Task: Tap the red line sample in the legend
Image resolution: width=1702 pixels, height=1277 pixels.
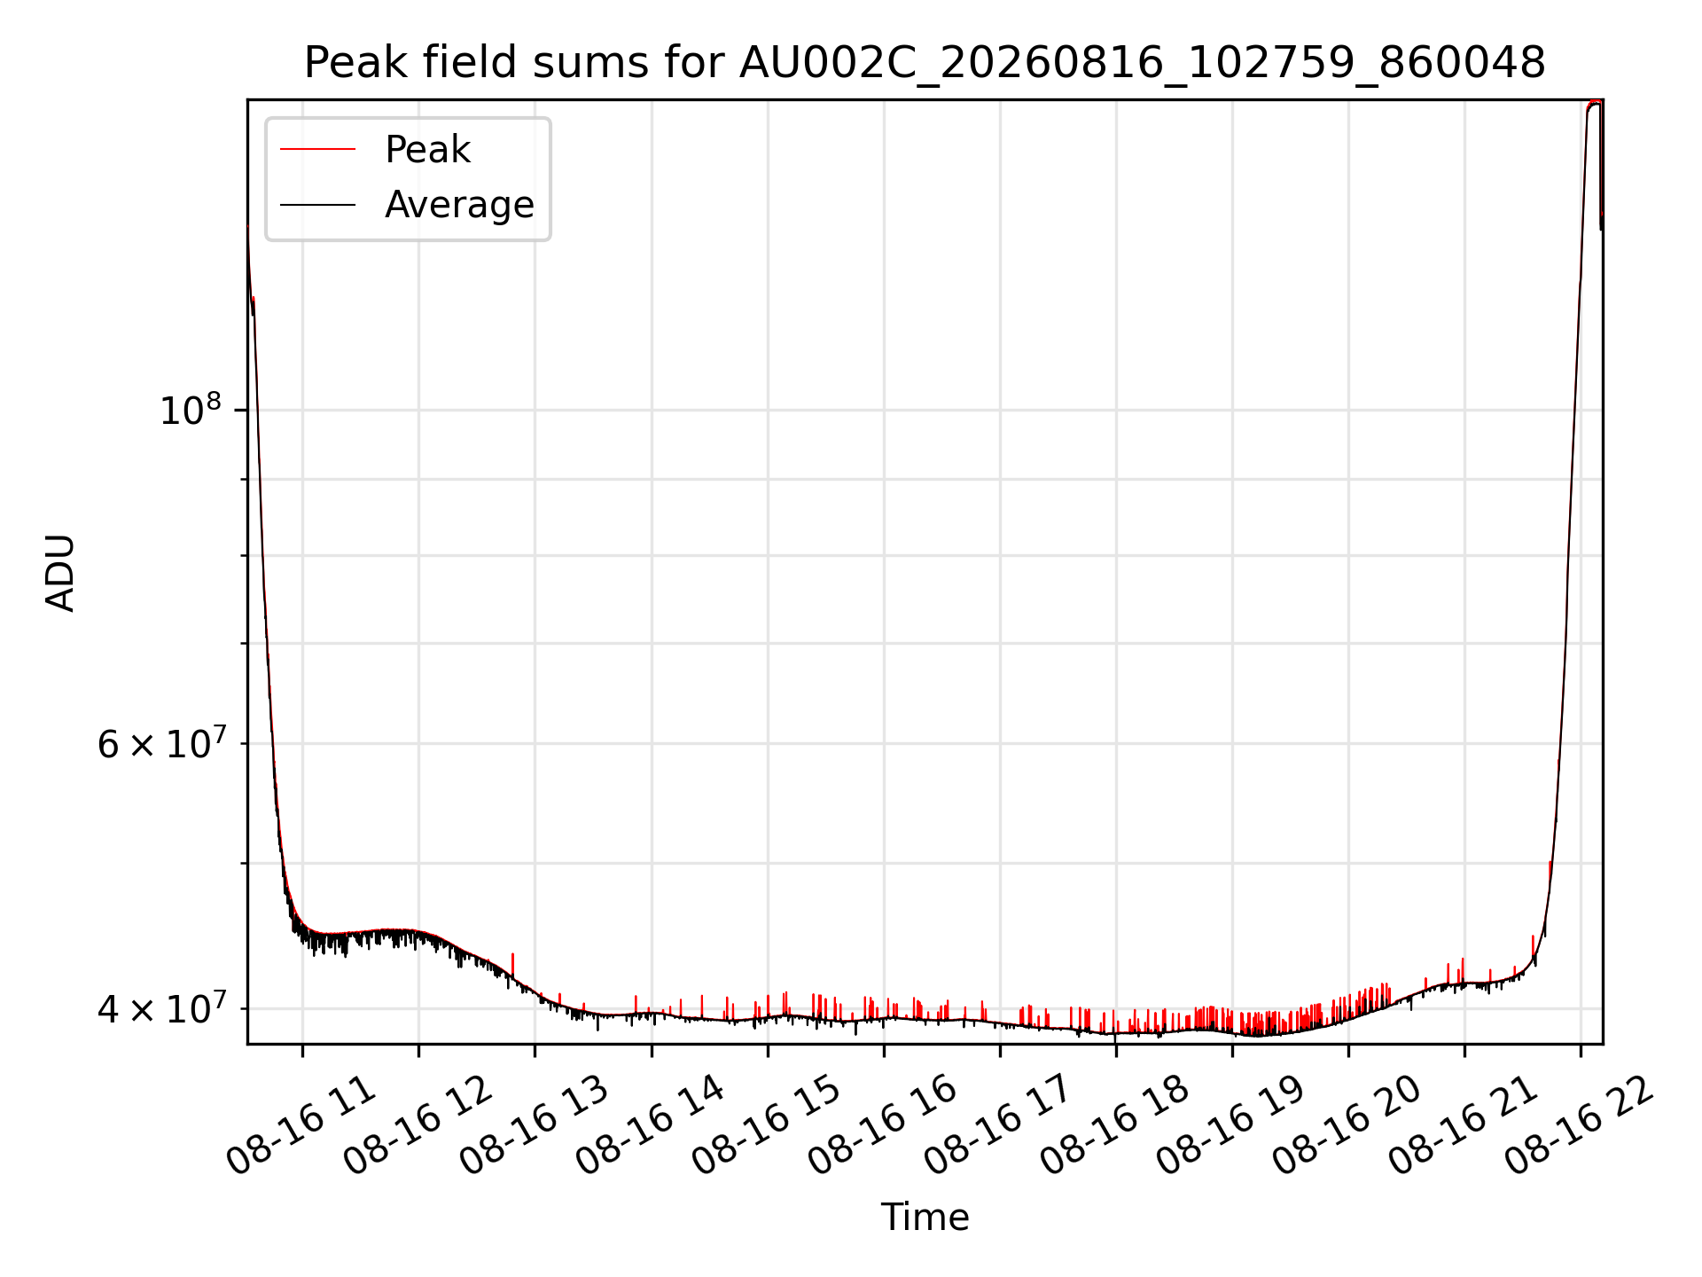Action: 317,150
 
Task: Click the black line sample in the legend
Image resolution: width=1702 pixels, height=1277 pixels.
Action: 317,205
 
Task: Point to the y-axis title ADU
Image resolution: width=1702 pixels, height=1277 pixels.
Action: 60,572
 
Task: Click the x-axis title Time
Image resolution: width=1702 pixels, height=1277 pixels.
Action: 925,1217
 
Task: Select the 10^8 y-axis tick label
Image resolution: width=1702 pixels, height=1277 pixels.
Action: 190,411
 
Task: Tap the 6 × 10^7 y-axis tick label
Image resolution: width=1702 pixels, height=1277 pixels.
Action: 161,743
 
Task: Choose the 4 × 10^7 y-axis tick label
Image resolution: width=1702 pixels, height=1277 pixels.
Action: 161,1008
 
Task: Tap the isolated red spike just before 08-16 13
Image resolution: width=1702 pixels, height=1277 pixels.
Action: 512,965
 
